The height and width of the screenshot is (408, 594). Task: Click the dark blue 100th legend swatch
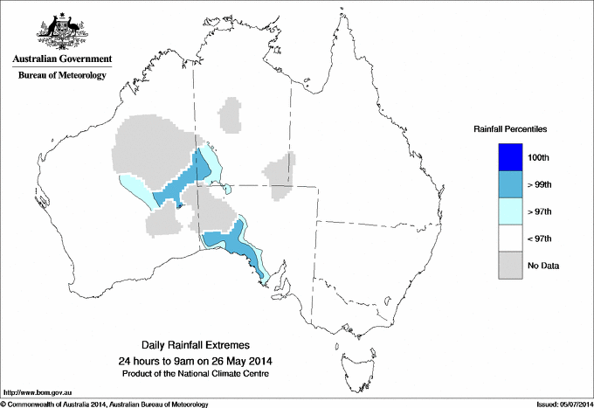tap(511, 157)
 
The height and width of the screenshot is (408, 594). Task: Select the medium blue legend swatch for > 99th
tap(511, 184)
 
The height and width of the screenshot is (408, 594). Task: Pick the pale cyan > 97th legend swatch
tap(511, 211)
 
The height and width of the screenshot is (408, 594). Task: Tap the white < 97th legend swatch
tap(511, 239)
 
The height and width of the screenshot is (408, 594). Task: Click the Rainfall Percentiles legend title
tap(510, 129)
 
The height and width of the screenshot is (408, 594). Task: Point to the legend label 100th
tap(539, 158)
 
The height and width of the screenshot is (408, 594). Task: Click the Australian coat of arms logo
tap(59, 30)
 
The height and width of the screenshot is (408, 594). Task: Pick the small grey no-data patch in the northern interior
tap(231, 114)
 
